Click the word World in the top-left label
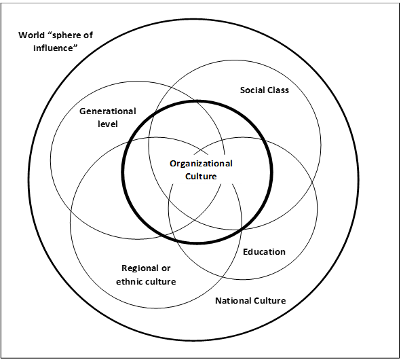tap(32, 36)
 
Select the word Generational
tap(108, 111)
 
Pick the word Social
tap(253, 90)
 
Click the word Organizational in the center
tap(201, 164)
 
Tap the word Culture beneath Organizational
tap(201, 176)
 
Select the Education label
tap(264, 252)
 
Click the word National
tap(233, 300)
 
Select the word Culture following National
tap(270, 300)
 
